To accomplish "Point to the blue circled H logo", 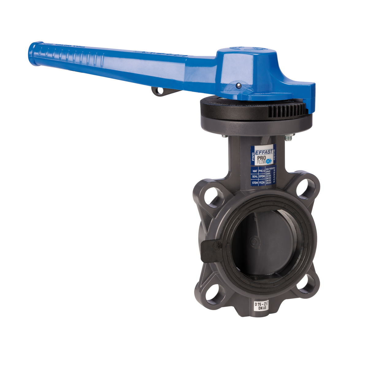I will tap(269, 161).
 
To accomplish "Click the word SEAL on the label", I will tap(254, 176).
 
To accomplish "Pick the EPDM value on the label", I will tap(262, 176).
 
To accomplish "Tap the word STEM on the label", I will tap(254, 182).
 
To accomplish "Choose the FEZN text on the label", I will tap(262, 182).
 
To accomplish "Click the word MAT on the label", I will tap(254, 171).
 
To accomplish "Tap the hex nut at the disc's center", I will tap(253, 242).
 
